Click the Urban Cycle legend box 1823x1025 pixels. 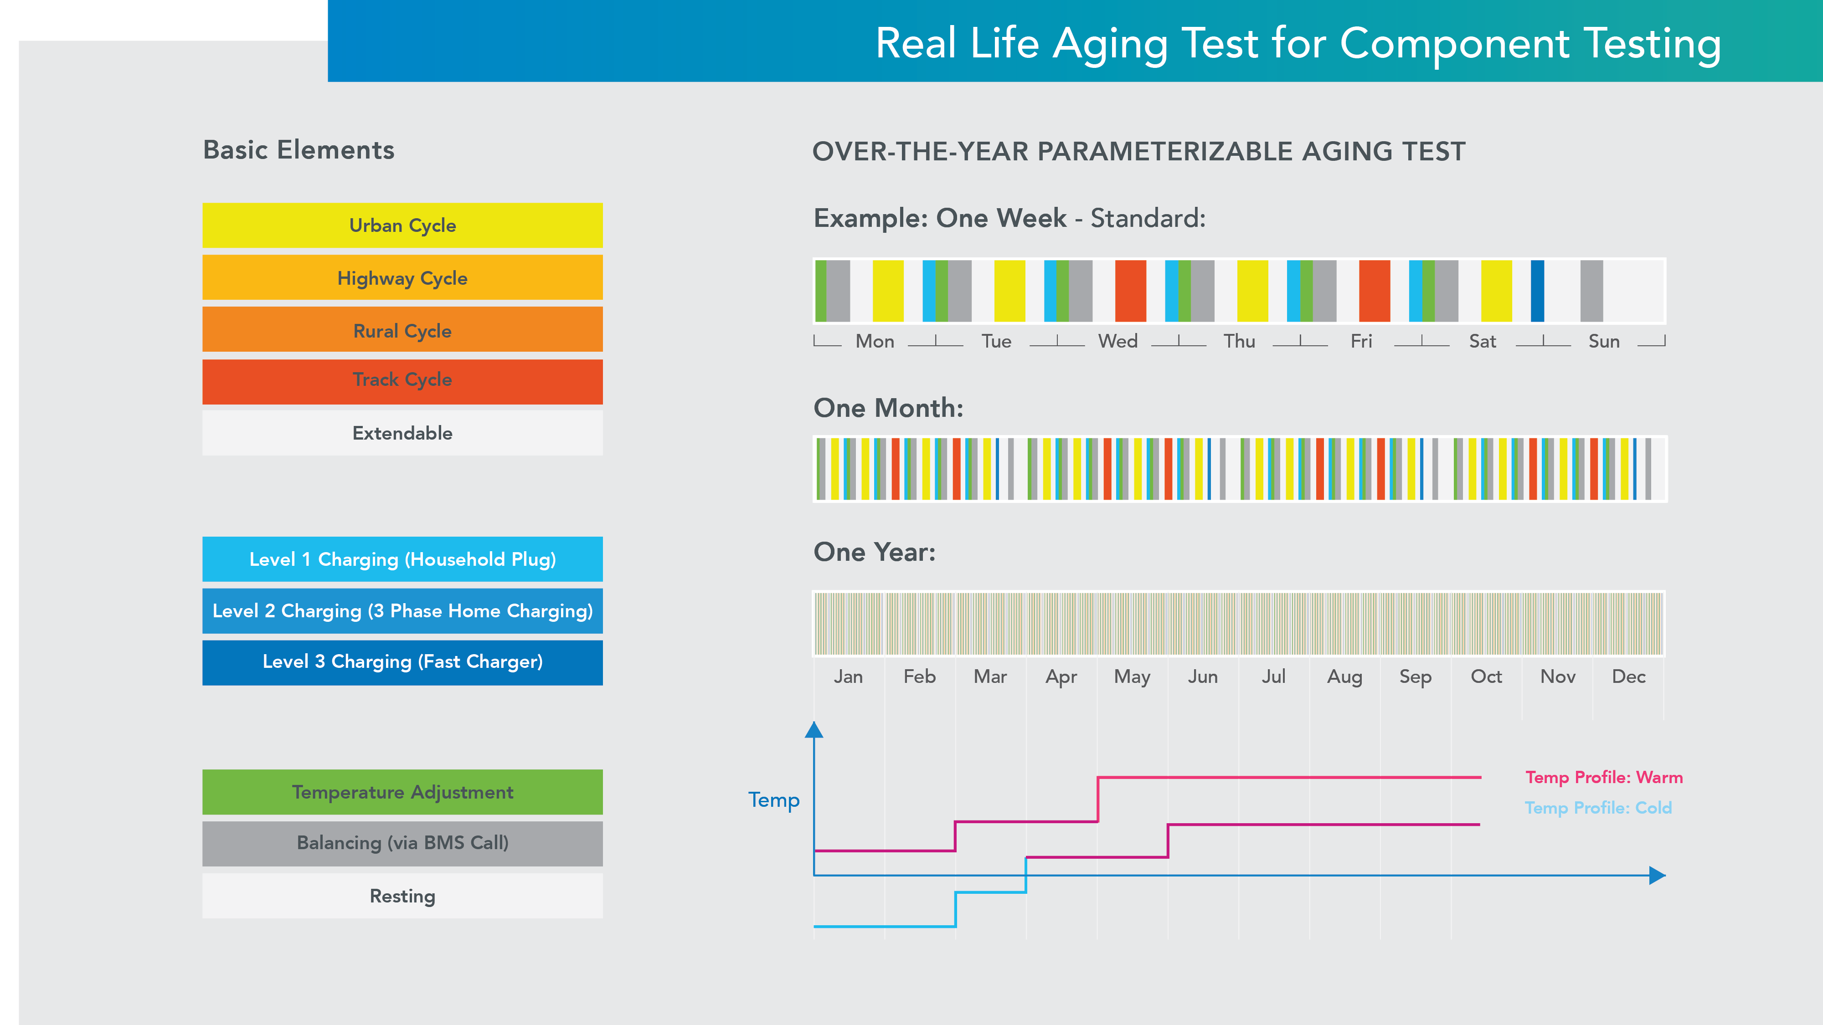coord(402,225)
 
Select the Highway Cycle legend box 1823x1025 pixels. coord(402,278)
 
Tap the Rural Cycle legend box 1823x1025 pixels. coord(402,330)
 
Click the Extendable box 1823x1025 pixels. coord(402,433)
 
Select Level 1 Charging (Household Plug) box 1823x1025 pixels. coord(402,559)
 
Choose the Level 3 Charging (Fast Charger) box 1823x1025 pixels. coord(402,662)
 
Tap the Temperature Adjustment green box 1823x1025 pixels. coord(402,792)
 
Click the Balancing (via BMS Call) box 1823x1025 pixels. coord(402,843)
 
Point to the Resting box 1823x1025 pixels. coord(402,896)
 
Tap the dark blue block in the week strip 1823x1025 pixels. coord(1537,291)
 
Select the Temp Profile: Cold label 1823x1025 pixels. coord(1598,808)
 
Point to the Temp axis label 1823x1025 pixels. coord(773,800)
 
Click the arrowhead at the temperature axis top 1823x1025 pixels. coord(814,730)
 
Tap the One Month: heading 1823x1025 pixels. coord(888,408)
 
